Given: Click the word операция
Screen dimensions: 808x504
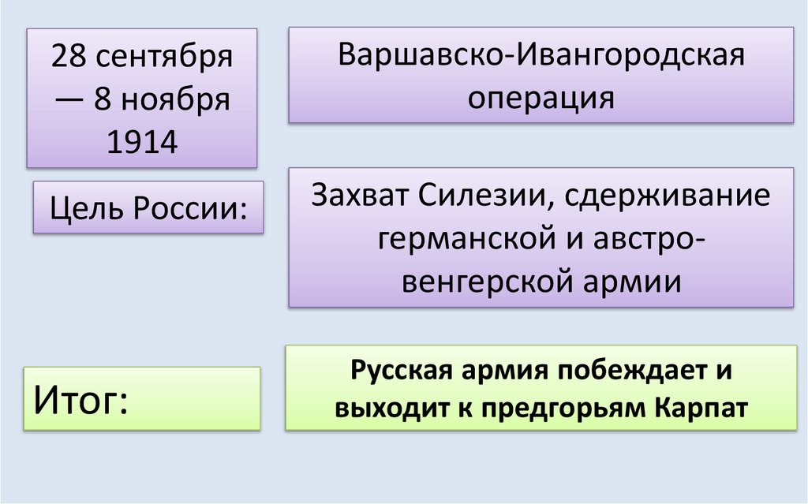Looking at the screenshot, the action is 541,98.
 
